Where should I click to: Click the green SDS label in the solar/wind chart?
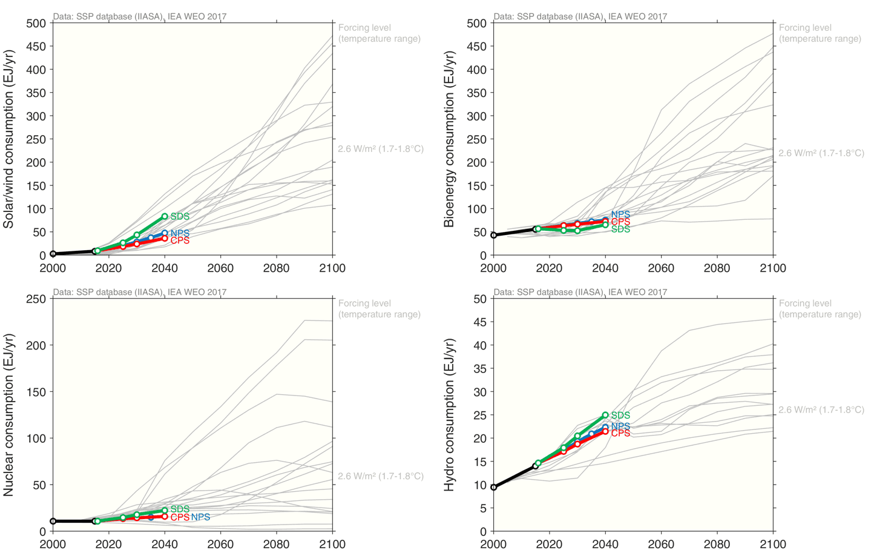(180, 216)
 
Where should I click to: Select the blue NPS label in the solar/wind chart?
(180, 233)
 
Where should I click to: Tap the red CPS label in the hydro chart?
(620, 433)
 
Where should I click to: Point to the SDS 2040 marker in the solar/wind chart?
(165, 216)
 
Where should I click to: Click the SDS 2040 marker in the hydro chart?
(605, 415)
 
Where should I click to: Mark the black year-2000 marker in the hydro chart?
(494, 487)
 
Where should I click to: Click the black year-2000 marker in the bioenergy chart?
(494, 235)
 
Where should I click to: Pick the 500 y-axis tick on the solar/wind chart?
(36, 23)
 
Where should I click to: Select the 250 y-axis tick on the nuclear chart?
(36, 299)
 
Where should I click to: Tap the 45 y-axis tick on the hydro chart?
(480, 322)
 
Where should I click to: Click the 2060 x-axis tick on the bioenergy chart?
(662, 268)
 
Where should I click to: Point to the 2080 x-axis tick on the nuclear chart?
(277, 543)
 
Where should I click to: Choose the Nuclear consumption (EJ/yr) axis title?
(8, 415)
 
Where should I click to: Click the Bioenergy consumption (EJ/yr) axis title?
(449, 139)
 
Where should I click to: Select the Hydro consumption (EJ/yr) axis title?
(449, 415)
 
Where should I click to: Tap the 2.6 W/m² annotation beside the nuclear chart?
(381, 476)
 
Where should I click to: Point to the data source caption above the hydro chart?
(580, 292)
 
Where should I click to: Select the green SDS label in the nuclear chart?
(180, 509)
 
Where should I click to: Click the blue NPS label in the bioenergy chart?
(620, 214)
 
